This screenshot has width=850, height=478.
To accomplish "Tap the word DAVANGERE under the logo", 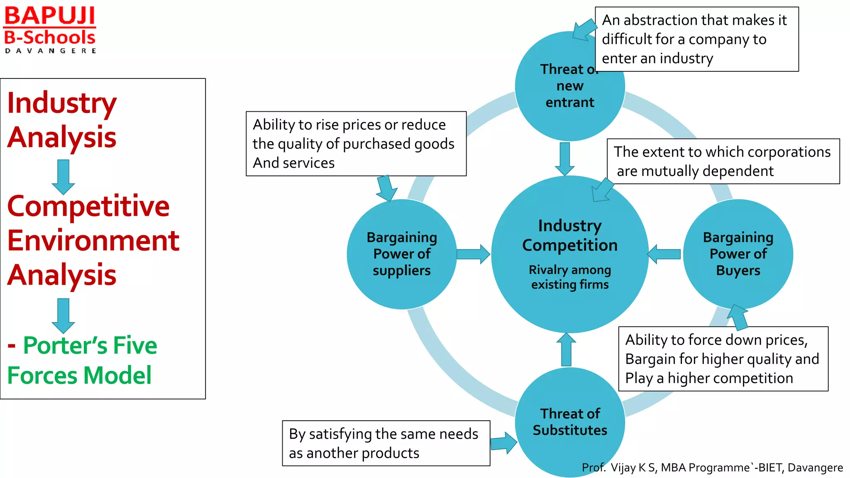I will point(51,51).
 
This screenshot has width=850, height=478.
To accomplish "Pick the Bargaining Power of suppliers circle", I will point(401,254).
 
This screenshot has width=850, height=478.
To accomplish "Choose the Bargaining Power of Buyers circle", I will point(738,254).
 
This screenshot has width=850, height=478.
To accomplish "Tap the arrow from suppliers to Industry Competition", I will point(473,254).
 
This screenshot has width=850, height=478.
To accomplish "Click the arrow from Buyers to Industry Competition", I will point(664,254).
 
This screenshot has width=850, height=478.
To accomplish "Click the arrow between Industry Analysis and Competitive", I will point(63,177).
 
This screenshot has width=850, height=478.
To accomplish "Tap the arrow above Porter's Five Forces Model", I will point(63,316).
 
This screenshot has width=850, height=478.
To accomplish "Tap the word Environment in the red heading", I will point(93,241).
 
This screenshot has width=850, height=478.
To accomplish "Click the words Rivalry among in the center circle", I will point(569,270).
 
